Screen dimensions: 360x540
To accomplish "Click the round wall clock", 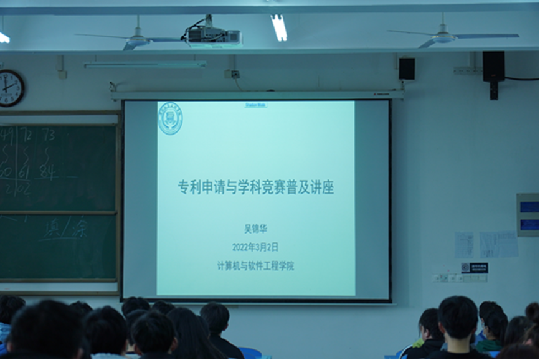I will (x=11, y=88).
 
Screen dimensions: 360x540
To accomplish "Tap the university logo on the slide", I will (x=170, y=118).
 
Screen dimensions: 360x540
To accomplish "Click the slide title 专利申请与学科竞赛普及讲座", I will (x=256, y=187).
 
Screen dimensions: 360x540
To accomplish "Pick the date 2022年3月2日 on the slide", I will (x=255, y=247).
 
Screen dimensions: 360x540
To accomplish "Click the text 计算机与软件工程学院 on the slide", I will (x=255, y=265).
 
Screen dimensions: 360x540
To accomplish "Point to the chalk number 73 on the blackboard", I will (x=49, y=135).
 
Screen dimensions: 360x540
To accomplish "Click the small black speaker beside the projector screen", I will (x=407, y=69).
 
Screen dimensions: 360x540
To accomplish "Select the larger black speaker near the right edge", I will (x=493, y=67).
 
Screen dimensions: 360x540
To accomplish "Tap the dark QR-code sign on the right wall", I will (x=475, y=268).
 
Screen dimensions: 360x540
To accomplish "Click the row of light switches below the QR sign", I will (x=450, y=278).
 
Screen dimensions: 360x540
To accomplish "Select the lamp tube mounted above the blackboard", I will (x=145, y=64).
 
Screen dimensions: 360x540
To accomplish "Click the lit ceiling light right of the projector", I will (x=278, y=27).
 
